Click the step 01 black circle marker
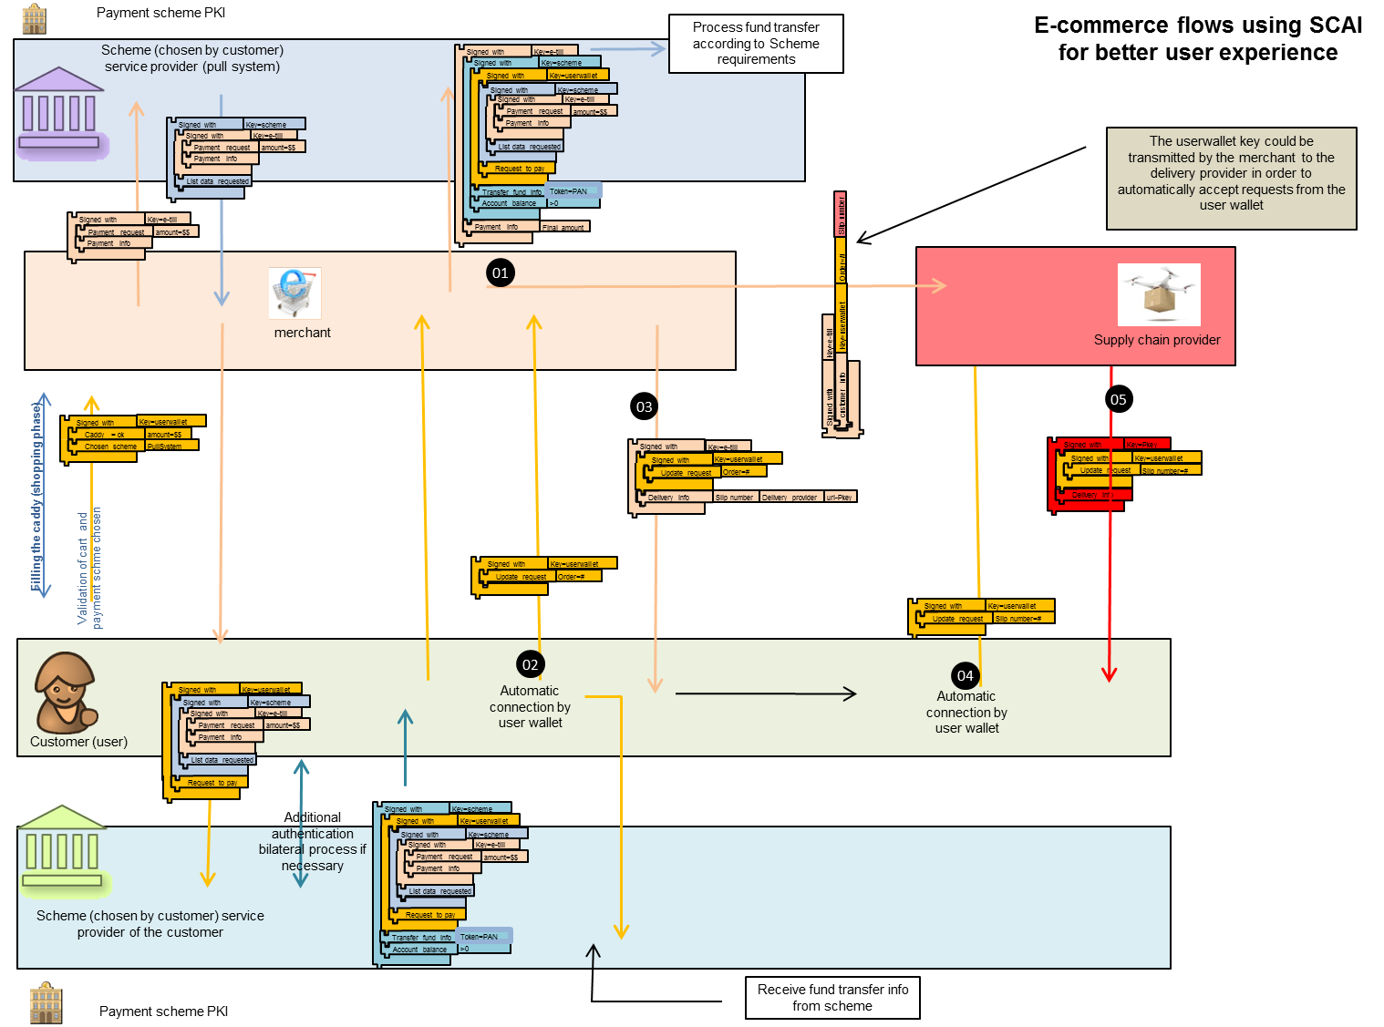click(x=500, y=272)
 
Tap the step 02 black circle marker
click(x=530, y=664)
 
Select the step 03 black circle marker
click(x=644, y=406)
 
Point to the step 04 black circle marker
click(x=965, y=675)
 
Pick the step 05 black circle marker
click(x=1118, y=399)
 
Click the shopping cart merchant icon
click(x=294, y=293)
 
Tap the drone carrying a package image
click(x=1159, y=294)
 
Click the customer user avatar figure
click(x=64, y=693)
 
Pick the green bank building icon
click(x=62, y=847)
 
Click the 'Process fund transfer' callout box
click(x=756, y=44)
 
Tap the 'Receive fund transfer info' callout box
click(x=832, y=998)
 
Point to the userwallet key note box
click(x=1231, y=178)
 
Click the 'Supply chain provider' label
click(x=1157, y=340)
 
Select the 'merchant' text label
click(x=303, y=333)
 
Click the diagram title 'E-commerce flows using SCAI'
click(x=1198, y=38)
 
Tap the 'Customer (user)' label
click(x=78, y=742)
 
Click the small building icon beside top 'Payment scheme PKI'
click(x=34, y=17)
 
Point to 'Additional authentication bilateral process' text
click(x=313, y=841)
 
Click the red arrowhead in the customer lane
click(x=1110, y=674)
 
